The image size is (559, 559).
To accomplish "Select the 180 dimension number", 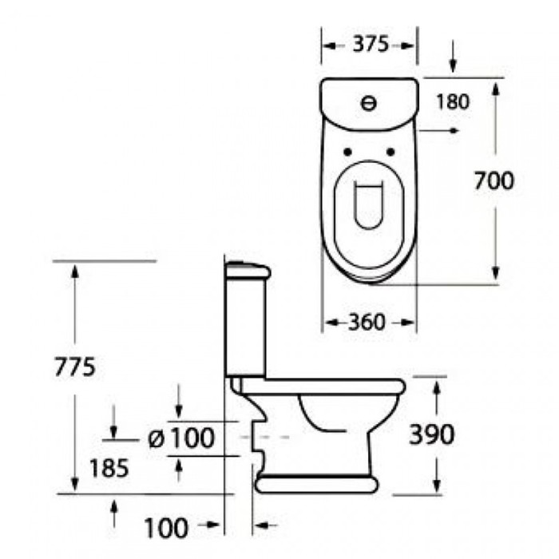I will [452, 101].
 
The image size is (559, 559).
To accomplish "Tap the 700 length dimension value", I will [494, 182].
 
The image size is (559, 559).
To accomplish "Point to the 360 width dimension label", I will [367, 322].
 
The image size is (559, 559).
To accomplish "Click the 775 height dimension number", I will [74, 367].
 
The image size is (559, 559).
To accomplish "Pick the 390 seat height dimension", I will [432, 434].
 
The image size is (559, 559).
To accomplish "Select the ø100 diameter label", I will [182, 438].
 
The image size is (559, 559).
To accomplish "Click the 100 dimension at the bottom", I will [167, 527].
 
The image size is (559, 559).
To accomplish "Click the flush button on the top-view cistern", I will [369, 102].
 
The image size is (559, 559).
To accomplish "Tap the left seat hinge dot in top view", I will [347, 152].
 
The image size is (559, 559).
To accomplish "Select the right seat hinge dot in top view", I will [391, 152].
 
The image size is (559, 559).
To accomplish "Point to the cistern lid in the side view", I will [247, 269].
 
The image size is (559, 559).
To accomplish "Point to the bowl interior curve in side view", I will [319, 419].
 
